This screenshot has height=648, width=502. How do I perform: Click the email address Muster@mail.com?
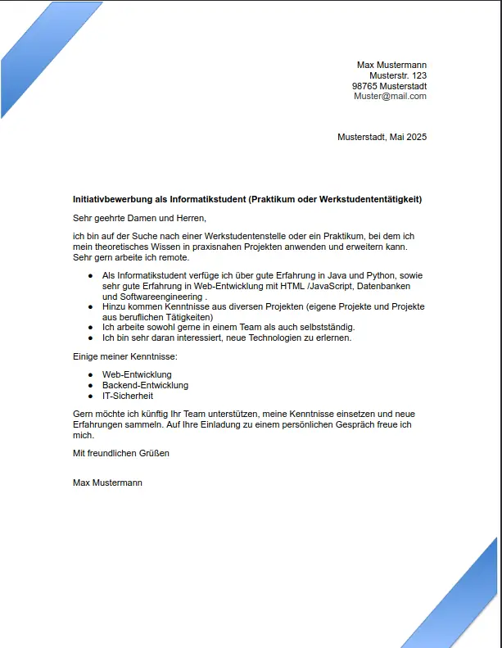click(x=390, y=97)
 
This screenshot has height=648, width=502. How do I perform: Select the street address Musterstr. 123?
click(x=398, y=75)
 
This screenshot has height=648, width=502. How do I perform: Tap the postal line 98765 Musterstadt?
click(x=389, y=86)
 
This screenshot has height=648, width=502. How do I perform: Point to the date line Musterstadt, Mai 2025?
click(x=382, y=137)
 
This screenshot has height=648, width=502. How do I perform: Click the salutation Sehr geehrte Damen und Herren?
click(x=139, y=219)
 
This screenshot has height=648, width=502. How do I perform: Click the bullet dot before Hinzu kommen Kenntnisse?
click(x=90, y=306)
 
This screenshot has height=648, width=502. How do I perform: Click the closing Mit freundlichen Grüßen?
click(x=121, y=453)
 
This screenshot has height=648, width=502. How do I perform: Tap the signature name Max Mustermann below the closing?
click(x=107, y=483)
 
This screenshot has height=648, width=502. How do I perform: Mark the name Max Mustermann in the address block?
click(x=391, y=65)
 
